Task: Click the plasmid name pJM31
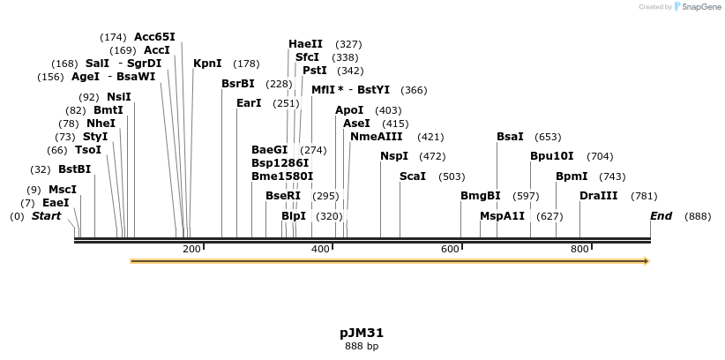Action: point(362,334)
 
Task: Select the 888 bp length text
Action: point(362,346)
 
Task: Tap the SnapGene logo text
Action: point(700,7)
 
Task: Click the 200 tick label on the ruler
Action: point(191,250)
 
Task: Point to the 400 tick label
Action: point(321,250)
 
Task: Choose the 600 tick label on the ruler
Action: point(450,250)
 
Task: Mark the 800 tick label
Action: point(579,250)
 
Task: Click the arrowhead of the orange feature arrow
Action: point(646,261)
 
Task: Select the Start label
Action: point(48,216)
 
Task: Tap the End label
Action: point(661,216)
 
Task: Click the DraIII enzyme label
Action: point(598,196)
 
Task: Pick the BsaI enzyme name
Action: point(510,137)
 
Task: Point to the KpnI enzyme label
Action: point(207,64)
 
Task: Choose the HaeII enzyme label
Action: point(305,44)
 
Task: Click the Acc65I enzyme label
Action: point(154,37)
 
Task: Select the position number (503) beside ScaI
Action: point(452,176)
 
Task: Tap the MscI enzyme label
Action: point(62,190)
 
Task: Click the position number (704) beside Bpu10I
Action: point(599,156)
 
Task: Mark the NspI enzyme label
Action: point(394,156)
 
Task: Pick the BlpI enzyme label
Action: point(294,216)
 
